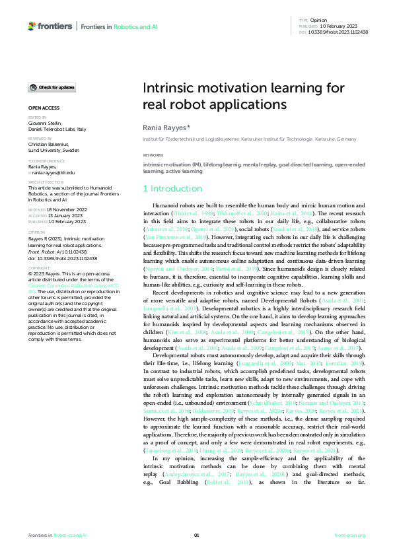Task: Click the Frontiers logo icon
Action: (x=32, y=26)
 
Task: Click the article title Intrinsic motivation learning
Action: (x=243, y=96)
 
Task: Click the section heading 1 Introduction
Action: (x=170, y=189)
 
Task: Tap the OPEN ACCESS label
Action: (x=44, y=107)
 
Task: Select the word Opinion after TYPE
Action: (x=319, y=20)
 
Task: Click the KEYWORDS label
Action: (x=153, y=155)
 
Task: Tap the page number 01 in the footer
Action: (x=196, y=535)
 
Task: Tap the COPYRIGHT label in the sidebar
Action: (x=38, y=268)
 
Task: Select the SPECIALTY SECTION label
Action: (x=46, y=182)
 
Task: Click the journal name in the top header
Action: (x=115, y=26)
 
